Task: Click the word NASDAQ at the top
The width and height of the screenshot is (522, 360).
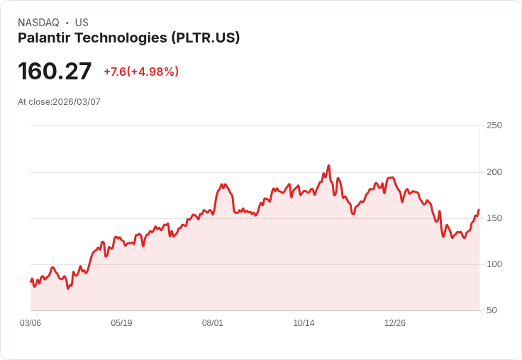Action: [38, 23]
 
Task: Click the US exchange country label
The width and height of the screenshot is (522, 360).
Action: [82, 23]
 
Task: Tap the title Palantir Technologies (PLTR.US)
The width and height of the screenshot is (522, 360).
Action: [128, 38]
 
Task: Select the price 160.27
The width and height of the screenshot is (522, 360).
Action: [55, 71]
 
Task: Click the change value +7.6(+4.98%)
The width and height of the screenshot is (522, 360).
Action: [141, 72]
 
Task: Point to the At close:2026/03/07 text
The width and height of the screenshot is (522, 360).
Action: [59, 102]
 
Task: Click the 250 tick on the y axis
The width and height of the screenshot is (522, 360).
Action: [494, 125]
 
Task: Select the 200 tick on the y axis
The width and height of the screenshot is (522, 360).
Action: [494, 172]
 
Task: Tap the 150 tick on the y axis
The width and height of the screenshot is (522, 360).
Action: [494, 218]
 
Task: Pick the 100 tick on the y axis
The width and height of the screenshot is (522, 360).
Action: [494, 264]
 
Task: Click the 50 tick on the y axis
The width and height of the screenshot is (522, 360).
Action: [492, 310]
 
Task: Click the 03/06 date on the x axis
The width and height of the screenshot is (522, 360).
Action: [30, 323]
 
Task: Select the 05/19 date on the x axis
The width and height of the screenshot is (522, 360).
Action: [121, 323]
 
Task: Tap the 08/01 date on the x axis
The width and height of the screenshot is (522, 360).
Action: [213, 323]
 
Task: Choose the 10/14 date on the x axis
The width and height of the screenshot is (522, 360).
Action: [304, 323]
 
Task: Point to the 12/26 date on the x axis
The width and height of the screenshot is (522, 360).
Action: [395, 323]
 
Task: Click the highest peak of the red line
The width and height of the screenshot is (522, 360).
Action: [328, 166]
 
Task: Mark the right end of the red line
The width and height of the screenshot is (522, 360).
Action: [479, 210]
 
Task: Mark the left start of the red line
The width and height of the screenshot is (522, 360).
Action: [30, 282]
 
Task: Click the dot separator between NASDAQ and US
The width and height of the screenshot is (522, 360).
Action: [67, 23]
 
